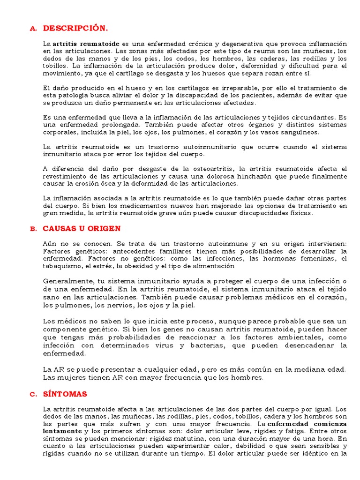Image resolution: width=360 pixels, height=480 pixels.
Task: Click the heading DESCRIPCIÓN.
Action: [x=75, y=28]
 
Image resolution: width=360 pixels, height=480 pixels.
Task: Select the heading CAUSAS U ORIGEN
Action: [x=82, y=229]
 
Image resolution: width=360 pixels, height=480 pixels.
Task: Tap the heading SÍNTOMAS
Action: [x=65, y=394]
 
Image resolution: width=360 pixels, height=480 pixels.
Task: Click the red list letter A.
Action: [x=32, y=29]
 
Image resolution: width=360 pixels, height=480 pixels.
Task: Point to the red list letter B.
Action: [x=33, y=229]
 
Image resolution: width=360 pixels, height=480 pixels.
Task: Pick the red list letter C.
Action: [x=33, y=394]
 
